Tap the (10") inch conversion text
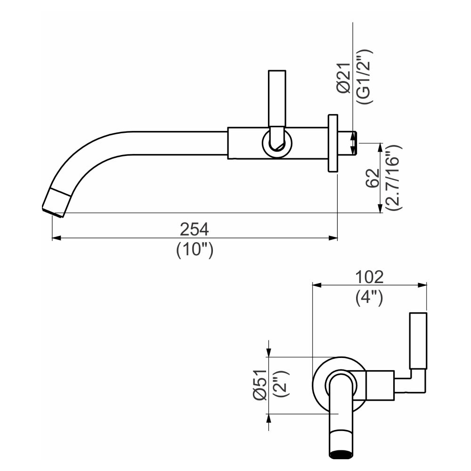(195, 250)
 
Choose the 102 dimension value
(369, 276)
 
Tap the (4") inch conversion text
(369, 297)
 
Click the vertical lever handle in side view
(276, 99)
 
